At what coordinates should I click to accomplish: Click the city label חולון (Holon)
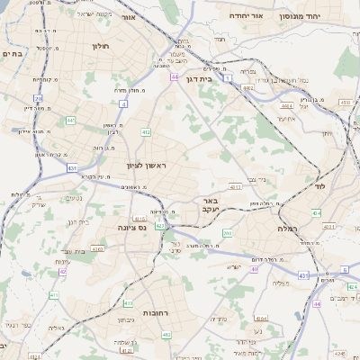coord(99,44)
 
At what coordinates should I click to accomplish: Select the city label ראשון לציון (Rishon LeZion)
coord(147,165)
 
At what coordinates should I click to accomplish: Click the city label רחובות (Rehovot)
coord(134,303)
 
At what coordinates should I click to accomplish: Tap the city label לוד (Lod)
coord(319,185)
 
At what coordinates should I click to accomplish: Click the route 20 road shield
coord(38,98)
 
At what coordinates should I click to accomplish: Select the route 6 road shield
coord(345,269)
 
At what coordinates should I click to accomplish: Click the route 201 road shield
coord(227,233)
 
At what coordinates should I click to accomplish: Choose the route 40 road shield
coord(255,268)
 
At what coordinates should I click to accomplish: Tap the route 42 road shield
coord(63,271)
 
